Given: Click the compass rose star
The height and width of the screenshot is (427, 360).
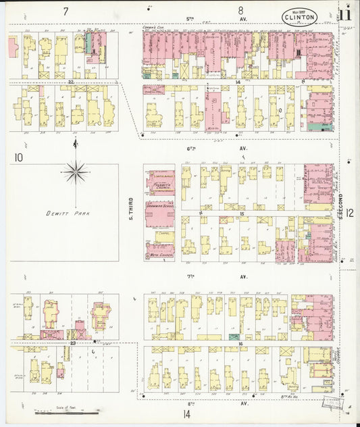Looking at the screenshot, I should coord(74,173).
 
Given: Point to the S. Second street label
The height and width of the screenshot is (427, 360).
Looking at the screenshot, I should coord(342,206).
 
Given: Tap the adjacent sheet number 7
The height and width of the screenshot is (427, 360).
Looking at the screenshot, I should coord(66,11).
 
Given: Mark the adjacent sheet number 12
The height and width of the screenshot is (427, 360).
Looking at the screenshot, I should coord(351,211).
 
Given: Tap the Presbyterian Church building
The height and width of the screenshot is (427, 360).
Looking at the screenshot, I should coord(160,182).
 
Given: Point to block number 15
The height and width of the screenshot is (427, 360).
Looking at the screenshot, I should coord(241,214).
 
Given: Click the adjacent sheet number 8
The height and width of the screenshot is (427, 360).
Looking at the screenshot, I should coord(240,11).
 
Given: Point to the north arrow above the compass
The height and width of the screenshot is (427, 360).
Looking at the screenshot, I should coord(74,143).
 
